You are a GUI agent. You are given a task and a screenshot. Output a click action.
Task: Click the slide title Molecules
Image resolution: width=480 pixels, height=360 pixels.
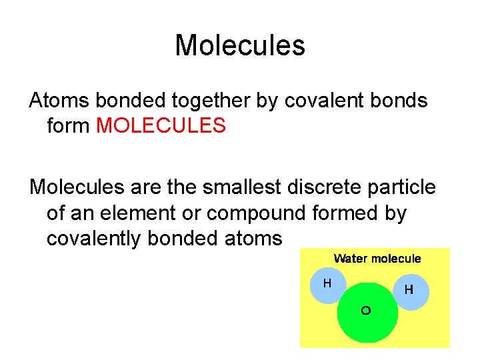pyautogui.click(x=240, y=46)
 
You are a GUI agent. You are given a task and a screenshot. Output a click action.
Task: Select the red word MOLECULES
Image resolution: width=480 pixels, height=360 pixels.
pyautogui.click(x=161, y=125)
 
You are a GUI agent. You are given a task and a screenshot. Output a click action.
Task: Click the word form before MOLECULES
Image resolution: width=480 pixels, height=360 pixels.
pyautogui.click(x=69, y=125)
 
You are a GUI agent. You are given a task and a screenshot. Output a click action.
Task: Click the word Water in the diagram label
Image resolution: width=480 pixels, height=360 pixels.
pyautogui.click(x=349, y=259)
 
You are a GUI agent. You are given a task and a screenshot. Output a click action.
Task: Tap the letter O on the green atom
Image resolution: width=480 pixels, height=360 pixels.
pyautogui.click(x=365, y=311)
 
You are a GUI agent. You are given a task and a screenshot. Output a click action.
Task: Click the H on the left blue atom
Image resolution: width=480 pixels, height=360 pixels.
pyautogui.click(x=327, y=283)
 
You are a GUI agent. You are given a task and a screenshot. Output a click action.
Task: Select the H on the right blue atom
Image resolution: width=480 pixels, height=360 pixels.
pyautogui.click(x=409, y=290)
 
